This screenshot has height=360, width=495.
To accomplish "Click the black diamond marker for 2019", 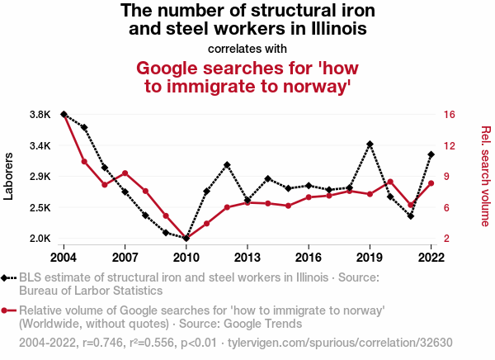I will (x=370, y=144).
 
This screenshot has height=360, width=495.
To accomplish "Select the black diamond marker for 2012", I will (x=227, y=165).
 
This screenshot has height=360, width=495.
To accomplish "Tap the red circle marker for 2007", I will (x=125, y=173).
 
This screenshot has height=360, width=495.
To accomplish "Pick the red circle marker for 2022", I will (x=431, y=183).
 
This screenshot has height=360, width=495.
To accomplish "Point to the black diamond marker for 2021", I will (x=410, y=216).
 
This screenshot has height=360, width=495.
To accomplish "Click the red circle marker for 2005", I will (x=84, y=161).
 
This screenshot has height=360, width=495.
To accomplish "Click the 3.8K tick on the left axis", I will (x=40, y=114).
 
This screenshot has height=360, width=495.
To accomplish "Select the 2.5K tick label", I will (x=40, y=207).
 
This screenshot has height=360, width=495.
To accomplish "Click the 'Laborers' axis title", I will (x=10, y=176).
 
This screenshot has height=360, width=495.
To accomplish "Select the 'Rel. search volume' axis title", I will (x=485, y=176).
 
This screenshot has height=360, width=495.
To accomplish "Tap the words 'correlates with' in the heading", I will (x=247, y=47).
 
